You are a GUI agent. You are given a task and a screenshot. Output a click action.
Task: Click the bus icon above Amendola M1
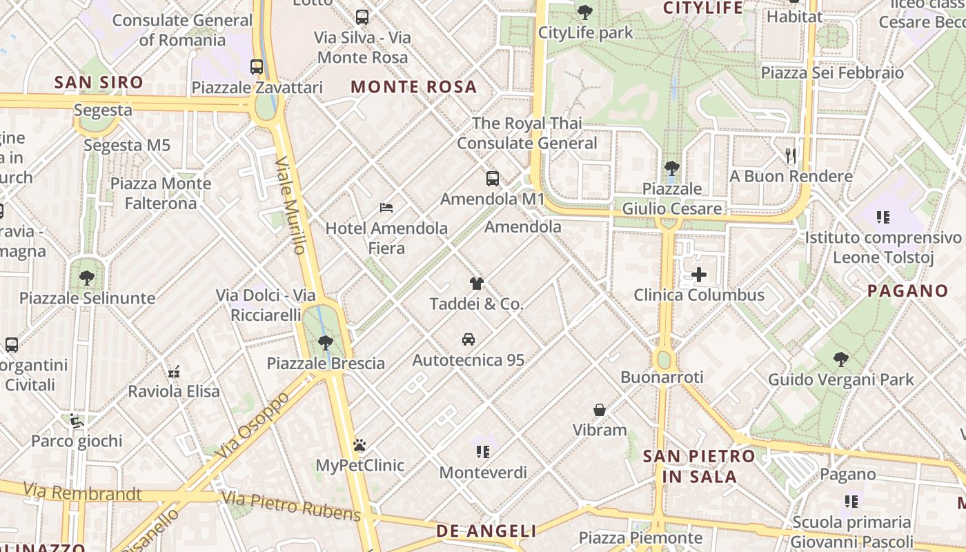click(493, 179)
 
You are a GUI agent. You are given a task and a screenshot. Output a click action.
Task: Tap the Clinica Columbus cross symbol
click(699, 275)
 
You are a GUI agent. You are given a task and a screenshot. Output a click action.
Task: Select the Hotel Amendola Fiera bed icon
click(386, 208)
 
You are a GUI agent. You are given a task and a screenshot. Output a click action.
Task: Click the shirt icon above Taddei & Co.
click(476, 283)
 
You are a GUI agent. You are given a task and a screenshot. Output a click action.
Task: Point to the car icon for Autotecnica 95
click(469, 339)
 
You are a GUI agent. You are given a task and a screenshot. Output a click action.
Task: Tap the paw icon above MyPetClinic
click(359, 445)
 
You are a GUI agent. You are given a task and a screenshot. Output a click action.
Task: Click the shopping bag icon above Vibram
click(600, 410)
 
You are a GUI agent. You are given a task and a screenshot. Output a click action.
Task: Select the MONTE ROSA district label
click(414, 87)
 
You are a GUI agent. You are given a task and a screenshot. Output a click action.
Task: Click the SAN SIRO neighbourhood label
click(99, 83)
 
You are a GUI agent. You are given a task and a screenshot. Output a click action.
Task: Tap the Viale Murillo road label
click(290, 206)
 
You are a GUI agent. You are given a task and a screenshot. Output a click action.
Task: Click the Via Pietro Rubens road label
click(291, 506)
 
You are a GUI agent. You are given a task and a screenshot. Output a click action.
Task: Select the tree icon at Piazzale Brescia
click(326, 342)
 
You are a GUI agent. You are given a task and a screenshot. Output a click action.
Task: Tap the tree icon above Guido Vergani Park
click(840, 359)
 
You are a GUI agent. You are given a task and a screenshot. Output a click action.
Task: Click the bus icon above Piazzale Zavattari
click(257, 67)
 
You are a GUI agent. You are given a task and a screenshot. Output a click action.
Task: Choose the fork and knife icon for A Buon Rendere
click(791, 156)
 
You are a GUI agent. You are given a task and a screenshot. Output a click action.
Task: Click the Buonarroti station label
click(662, 377)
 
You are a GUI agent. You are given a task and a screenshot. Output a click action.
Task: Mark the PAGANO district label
click(907, 290)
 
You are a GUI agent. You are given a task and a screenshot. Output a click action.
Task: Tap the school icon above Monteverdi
click(482, 452)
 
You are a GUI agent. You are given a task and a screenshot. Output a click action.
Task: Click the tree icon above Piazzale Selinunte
click(87, 278)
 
